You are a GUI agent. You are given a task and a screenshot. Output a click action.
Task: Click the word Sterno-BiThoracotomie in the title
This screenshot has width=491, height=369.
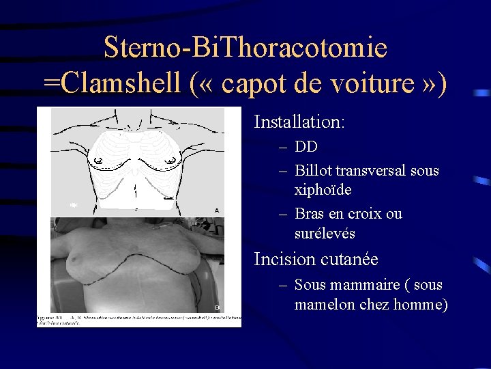coord(245,48)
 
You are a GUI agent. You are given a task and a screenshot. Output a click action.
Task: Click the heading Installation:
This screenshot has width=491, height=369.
coord(299,122)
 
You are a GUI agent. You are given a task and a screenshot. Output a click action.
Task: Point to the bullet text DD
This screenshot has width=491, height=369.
coord(306,147)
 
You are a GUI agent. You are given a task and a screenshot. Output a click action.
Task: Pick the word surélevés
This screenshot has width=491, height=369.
coord(325,233)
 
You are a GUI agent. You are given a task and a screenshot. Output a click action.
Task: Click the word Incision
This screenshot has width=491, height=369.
coord(283,260)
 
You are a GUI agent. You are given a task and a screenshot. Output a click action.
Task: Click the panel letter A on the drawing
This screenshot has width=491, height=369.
coord(216,210)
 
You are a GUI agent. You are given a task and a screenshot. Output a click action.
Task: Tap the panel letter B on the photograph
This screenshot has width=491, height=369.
coord(216,307)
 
